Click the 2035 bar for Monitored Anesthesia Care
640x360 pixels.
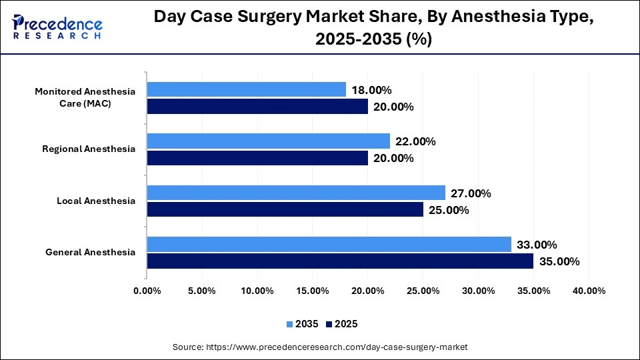pos(246,89)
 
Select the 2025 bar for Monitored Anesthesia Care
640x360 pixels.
pos(257,107)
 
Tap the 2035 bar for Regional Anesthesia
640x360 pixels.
pos(268,141)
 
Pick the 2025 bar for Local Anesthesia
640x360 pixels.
pos(285,209)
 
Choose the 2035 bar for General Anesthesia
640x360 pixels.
pos(329,244)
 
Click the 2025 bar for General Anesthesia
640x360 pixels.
pos(340,261)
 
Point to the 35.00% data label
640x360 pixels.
pos(558,261)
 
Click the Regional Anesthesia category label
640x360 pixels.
pos(89,149)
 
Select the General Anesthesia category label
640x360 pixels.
pos(90,252)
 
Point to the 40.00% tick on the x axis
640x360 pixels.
pos(589,291)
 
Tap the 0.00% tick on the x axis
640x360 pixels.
pos(147,291)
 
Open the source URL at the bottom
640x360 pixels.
pos(320,347)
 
